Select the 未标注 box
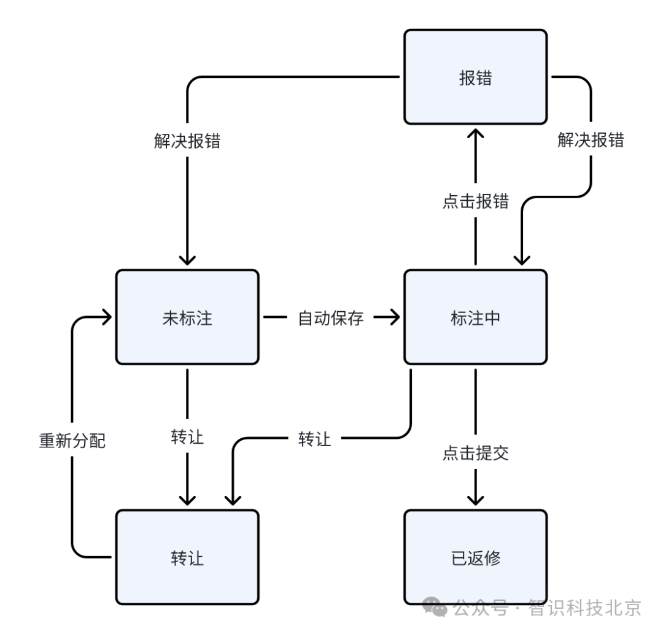pos(187,318)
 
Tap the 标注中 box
pos(475,318)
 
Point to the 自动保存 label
pos(331,318)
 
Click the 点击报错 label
pos(475,201)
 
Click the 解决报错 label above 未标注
pos(187,141)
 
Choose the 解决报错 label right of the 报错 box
pos(591,141)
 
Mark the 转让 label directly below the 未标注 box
pos(187,438)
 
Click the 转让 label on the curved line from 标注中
pos(315,439)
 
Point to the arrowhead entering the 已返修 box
pos(475,499)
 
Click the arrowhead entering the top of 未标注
pos(187,258)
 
